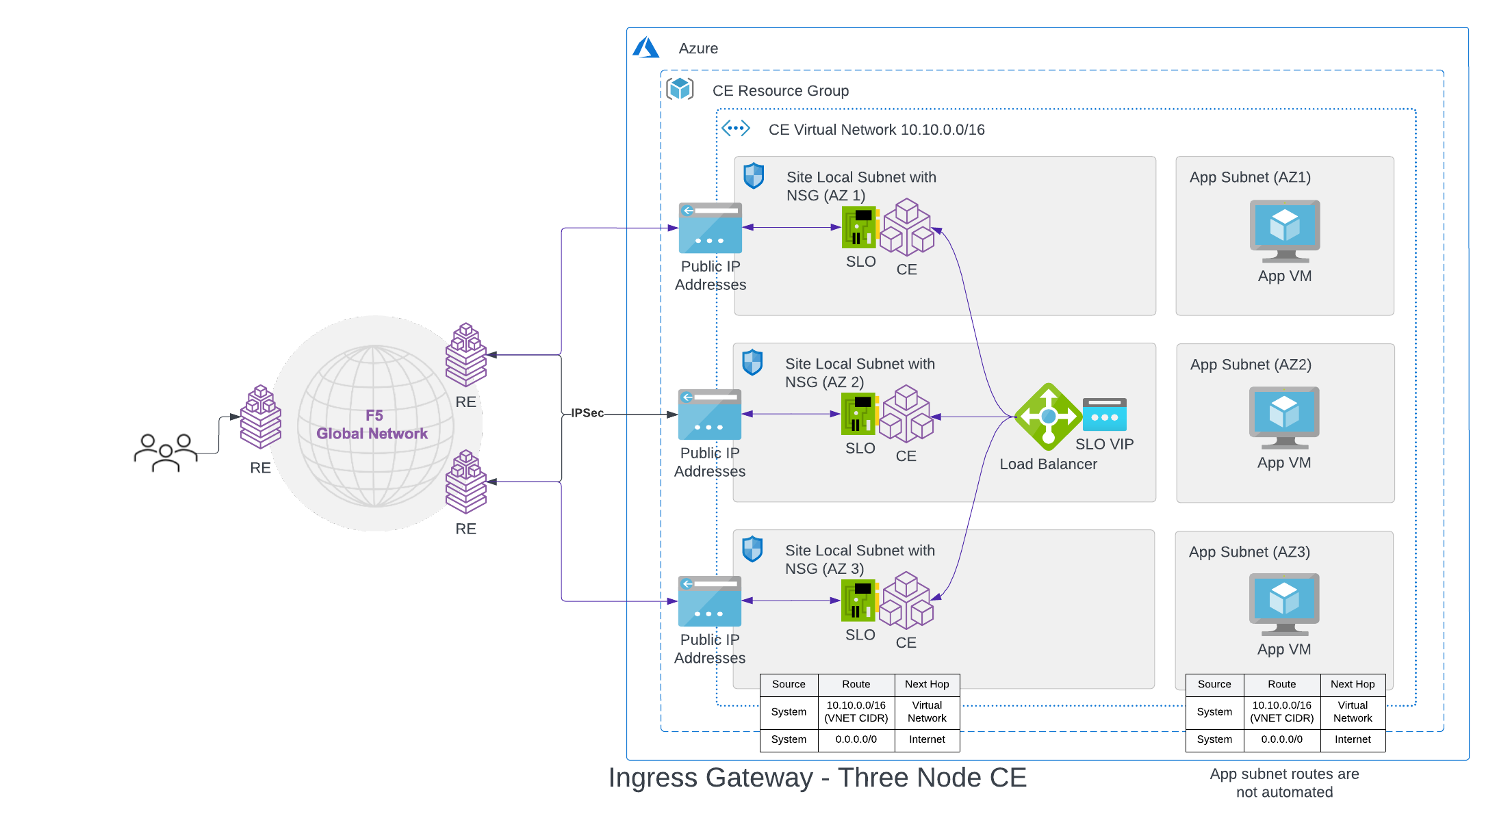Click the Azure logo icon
645,48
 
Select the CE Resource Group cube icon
680,89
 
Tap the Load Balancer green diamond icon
1047,417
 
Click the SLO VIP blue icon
1104,414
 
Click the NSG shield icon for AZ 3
752,549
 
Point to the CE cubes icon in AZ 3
906,601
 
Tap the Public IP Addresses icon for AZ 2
710,414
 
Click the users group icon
166,452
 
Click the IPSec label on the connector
587,413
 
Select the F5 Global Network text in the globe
372,425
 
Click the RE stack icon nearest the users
260,417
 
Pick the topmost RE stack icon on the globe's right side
465,354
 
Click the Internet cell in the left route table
927,739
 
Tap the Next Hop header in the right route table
1352,684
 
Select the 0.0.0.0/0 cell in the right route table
1281,739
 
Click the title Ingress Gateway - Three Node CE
817,778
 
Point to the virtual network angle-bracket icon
736,128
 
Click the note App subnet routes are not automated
1284,783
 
